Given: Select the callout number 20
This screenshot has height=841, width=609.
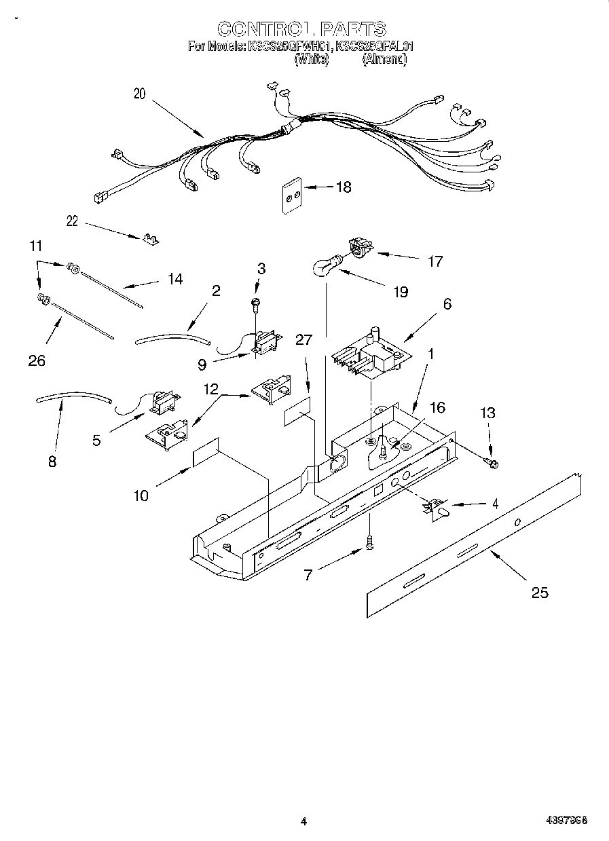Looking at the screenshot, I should (x=139, y=94).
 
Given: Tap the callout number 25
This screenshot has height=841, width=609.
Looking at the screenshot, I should (x=539, y=593).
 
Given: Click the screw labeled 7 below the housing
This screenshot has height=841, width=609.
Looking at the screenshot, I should (x=369, y=543).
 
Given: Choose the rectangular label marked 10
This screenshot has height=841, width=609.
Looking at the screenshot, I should (x=205, y=452).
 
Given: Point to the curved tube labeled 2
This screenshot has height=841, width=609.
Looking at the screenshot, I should (x=172, y=337).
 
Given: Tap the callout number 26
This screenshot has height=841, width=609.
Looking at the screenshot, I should (x=37, y=360).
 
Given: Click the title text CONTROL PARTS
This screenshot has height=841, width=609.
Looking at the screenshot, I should (x=302, y=29).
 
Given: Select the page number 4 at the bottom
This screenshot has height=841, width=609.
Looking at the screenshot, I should (x=304, y=821).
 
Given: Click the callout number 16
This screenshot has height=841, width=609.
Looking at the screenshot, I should (x=437, y=407).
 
